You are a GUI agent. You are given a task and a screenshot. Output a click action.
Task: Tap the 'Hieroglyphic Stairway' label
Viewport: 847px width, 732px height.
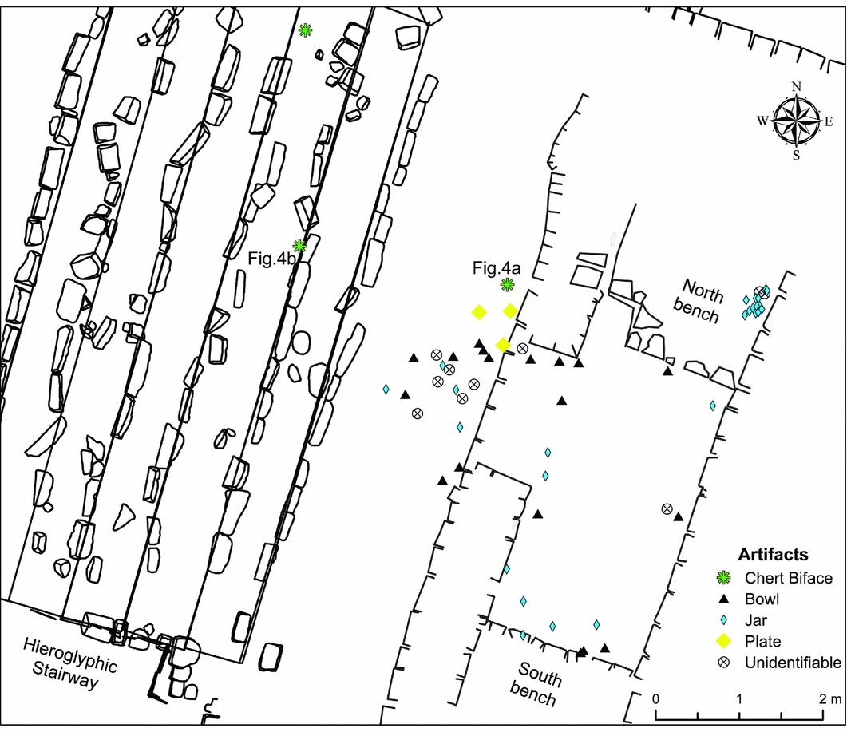pos(70,662)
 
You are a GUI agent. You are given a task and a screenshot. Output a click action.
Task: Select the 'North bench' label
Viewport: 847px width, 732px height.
pos(703,300)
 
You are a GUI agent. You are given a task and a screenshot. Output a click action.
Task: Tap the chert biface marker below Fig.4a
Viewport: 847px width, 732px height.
pos(507,284)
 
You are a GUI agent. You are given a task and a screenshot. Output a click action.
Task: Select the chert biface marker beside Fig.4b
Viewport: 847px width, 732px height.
pos(299,245)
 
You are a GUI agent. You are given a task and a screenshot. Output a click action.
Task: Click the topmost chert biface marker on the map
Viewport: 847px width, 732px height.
pos(305,30)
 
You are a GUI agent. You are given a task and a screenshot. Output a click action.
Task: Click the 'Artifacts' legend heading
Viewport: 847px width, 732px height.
pos(773,554)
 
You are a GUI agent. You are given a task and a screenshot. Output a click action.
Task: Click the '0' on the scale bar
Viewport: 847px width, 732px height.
pos(656,698)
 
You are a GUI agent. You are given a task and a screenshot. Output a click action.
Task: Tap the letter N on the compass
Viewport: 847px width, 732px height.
pos(796,87)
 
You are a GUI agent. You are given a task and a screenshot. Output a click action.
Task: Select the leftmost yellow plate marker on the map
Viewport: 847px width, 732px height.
pos(479,312)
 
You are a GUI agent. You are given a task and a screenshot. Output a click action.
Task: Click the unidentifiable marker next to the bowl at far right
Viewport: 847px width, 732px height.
pos(667,508)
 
